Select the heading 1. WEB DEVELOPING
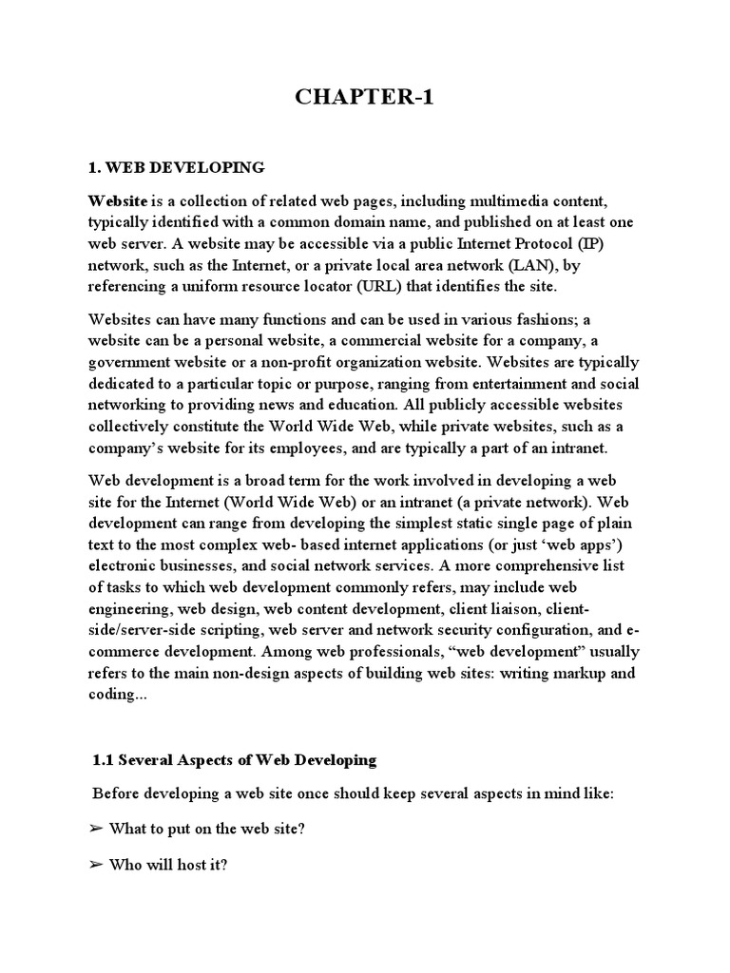point(176,168)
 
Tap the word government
point(133,362)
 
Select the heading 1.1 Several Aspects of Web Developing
point(235,760)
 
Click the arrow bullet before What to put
point(95,830)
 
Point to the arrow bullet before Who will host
point(95,870)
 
